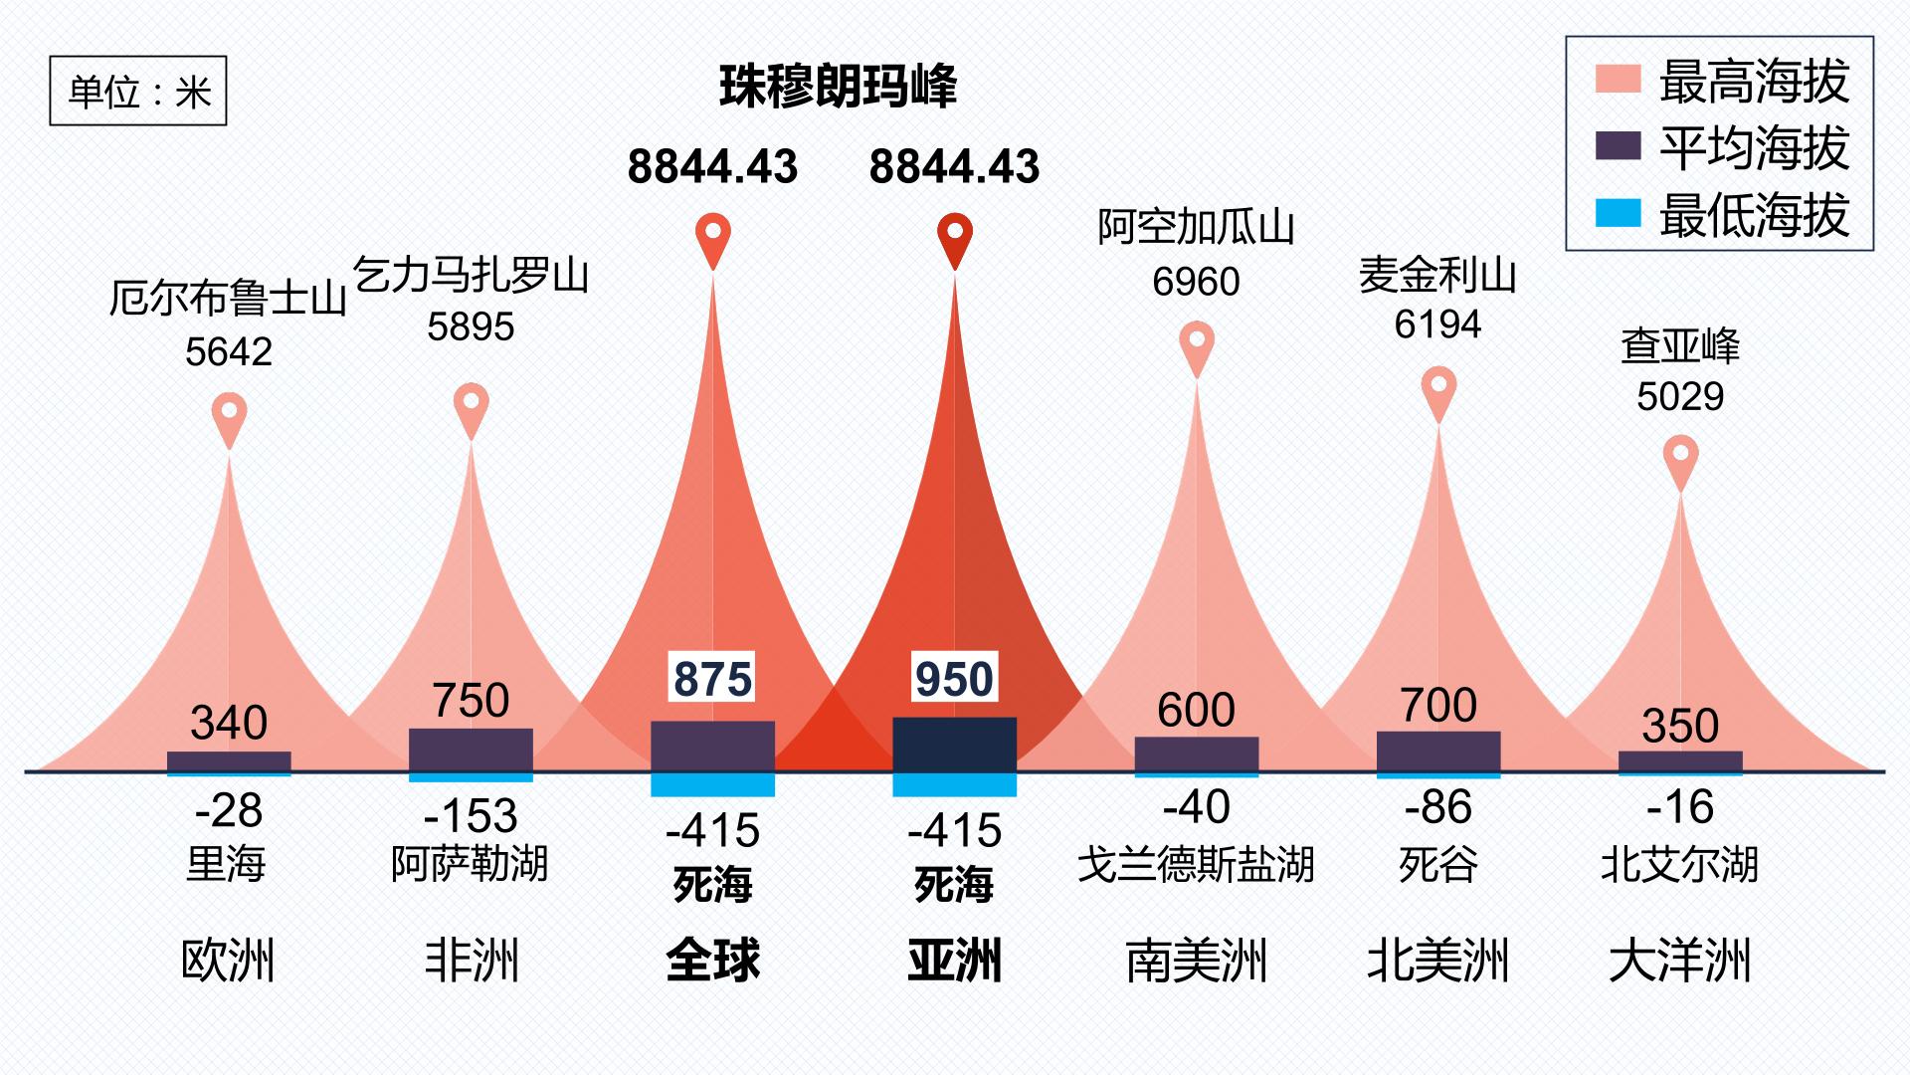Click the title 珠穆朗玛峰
838,87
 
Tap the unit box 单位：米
138,91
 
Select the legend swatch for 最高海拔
1618,80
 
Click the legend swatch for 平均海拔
1618,146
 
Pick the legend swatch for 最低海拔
1618,213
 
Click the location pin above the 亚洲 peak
955,240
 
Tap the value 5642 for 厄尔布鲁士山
229,351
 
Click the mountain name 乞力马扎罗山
472,275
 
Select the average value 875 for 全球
712,679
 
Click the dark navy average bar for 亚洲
955,745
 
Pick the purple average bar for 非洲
471,751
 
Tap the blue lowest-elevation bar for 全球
712,784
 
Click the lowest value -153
471,816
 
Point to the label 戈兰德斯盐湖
1197,864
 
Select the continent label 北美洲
1438,961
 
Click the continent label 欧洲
229,961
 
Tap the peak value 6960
1197,282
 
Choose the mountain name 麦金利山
1438,276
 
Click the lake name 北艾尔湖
1680,864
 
